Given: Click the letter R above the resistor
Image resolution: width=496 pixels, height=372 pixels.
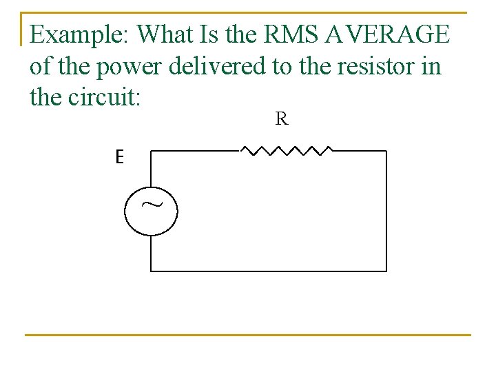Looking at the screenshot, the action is coord(281,119).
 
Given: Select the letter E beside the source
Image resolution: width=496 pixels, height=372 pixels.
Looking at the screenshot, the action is coord(119,158).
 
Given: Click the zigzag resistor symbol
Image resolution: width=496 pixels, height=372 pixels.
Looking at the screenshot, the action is coord(286,149).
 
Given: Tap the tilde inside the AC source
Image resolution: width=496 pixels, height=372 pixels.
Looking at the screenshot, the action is coord(149,205).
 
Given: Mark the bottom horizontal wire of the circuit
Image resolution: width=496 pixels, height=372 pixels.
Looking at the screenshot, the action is coord(269,271).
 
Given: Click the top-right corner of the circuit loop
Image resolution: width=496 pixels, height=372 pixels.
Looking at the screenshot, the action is coord(386,151).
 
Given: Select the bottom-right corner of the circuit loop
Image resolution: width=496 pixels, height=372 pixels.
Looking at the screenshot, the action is coord(386,271).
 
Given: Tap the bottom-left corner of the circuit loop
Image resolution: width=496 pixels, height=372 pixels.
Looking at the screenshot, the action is coord(151,271).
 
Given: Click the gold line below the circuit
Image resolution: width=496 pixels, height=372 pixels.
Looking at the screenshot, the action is coord(248,335).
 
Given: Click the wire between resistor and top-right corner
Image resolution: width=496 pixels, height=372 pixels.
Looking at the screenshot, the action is coord(360,151).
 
